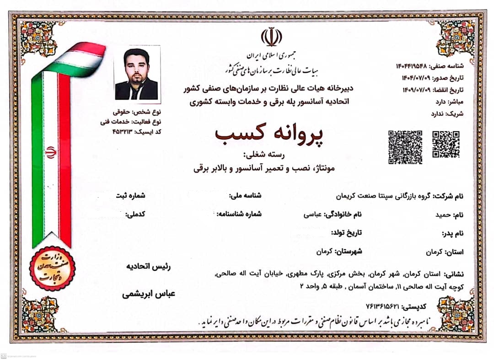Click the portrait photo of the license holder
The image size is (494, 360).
coord(136,73)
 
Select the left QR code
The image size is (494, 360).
coord(405,147)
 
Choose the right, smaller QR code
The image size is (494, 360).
coord(446,144)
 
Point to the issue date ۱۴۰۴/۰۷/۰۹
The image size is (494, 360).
coord(416,78)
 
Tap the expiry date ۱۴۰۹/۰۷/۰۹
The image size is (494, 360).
coord(416,89)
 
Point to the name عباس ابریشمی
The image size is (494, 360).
coord(148,294)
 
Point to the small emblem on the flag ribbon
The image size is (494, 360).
coord(51,152)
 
